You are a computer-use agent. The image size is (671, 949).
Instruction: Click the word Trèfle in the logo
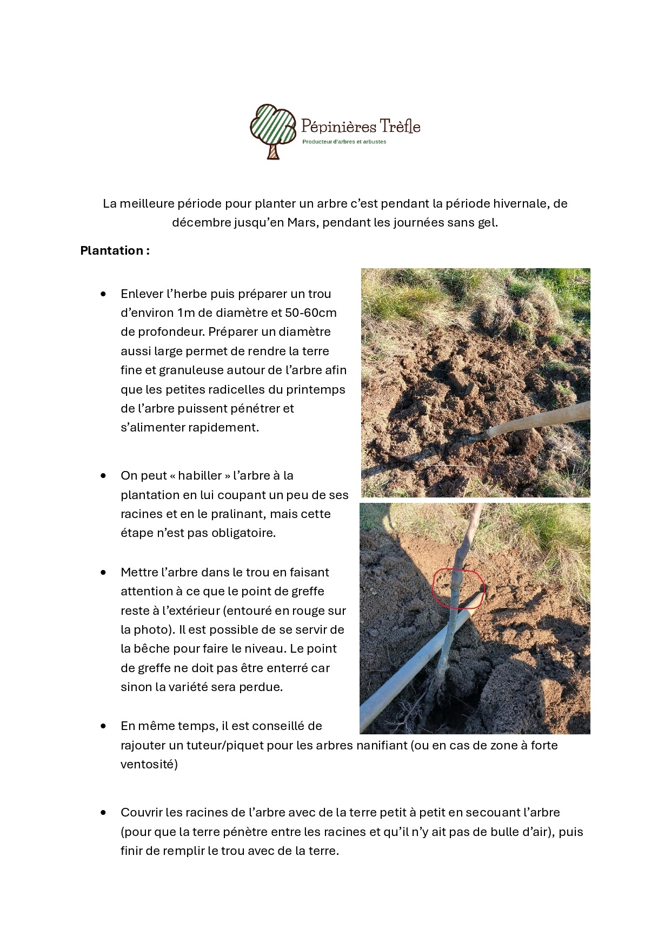pyautogui.click(x=400, y=127)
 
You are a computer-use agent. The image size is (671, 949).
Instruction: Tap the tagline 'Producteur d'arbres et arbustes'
pyautogui.click(x=344, y=142)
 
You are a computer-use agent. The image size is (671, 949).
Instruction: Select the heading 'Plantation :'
pyautogui.click(x=115, y=250)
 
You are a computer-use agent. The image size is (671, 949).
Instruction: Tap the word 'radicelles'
pyautogui.click(x=252, y=389)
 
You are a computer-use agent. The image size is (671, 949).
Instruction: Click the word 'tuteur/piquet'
pyautogui.click(x=227, y=746)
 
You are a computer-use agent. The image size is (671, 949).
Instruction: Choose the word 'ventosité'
pyautogui.click(x=149, y=765)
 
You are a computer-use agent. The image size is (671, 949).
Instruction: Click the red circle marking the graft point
pyautogui.click(x=459, y=588)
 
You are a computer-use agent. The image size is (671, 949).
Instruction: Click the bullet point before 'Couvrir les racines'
pyautogui.click(x=103, y=813)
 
